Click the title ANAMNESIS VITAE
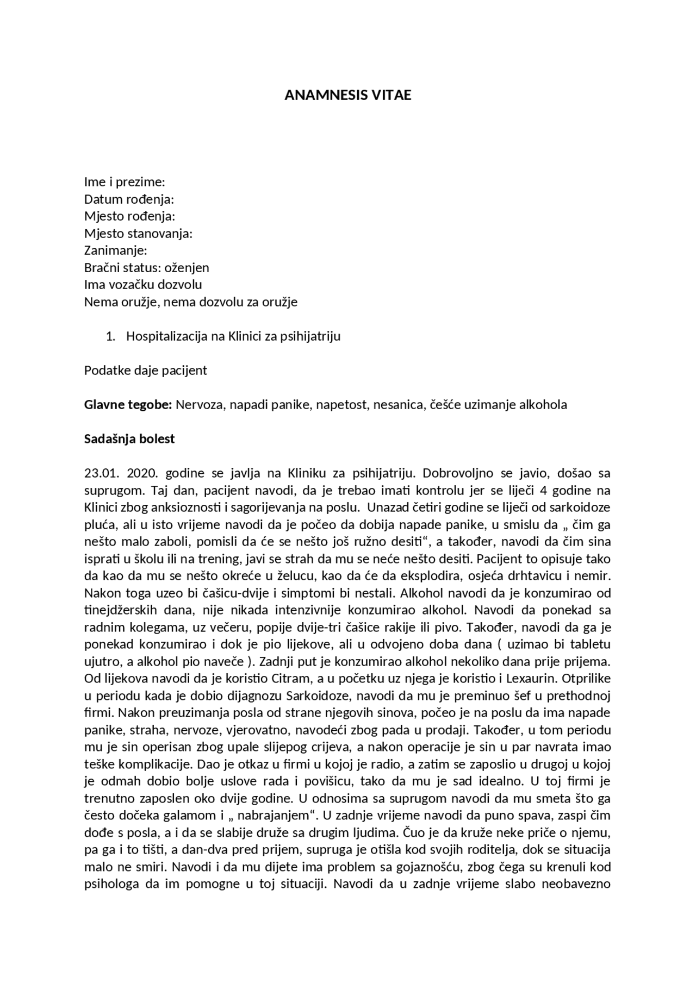pyautogui.click(x=348, y=95)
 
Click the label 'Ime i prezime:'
pyautogui.click(x=125, y=181)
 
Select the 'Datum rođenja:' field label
pyautogui.click(x=129, y=199)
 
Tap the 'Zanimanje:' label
pyautogui.click(x=116, y=250)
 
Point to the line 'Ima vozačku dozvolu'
pyautogui.click(x=143, y=285)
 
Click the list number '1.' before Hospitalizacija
pyautogui.click(x=110, y=336)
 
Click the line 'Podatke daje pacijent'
pyautogui.click(x=146, y=371)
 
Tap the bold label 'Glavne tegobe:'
pyautogui.click(x=128, y=405)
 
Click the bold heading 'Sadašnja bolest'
pyautogui.click(x=129, y=439)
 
